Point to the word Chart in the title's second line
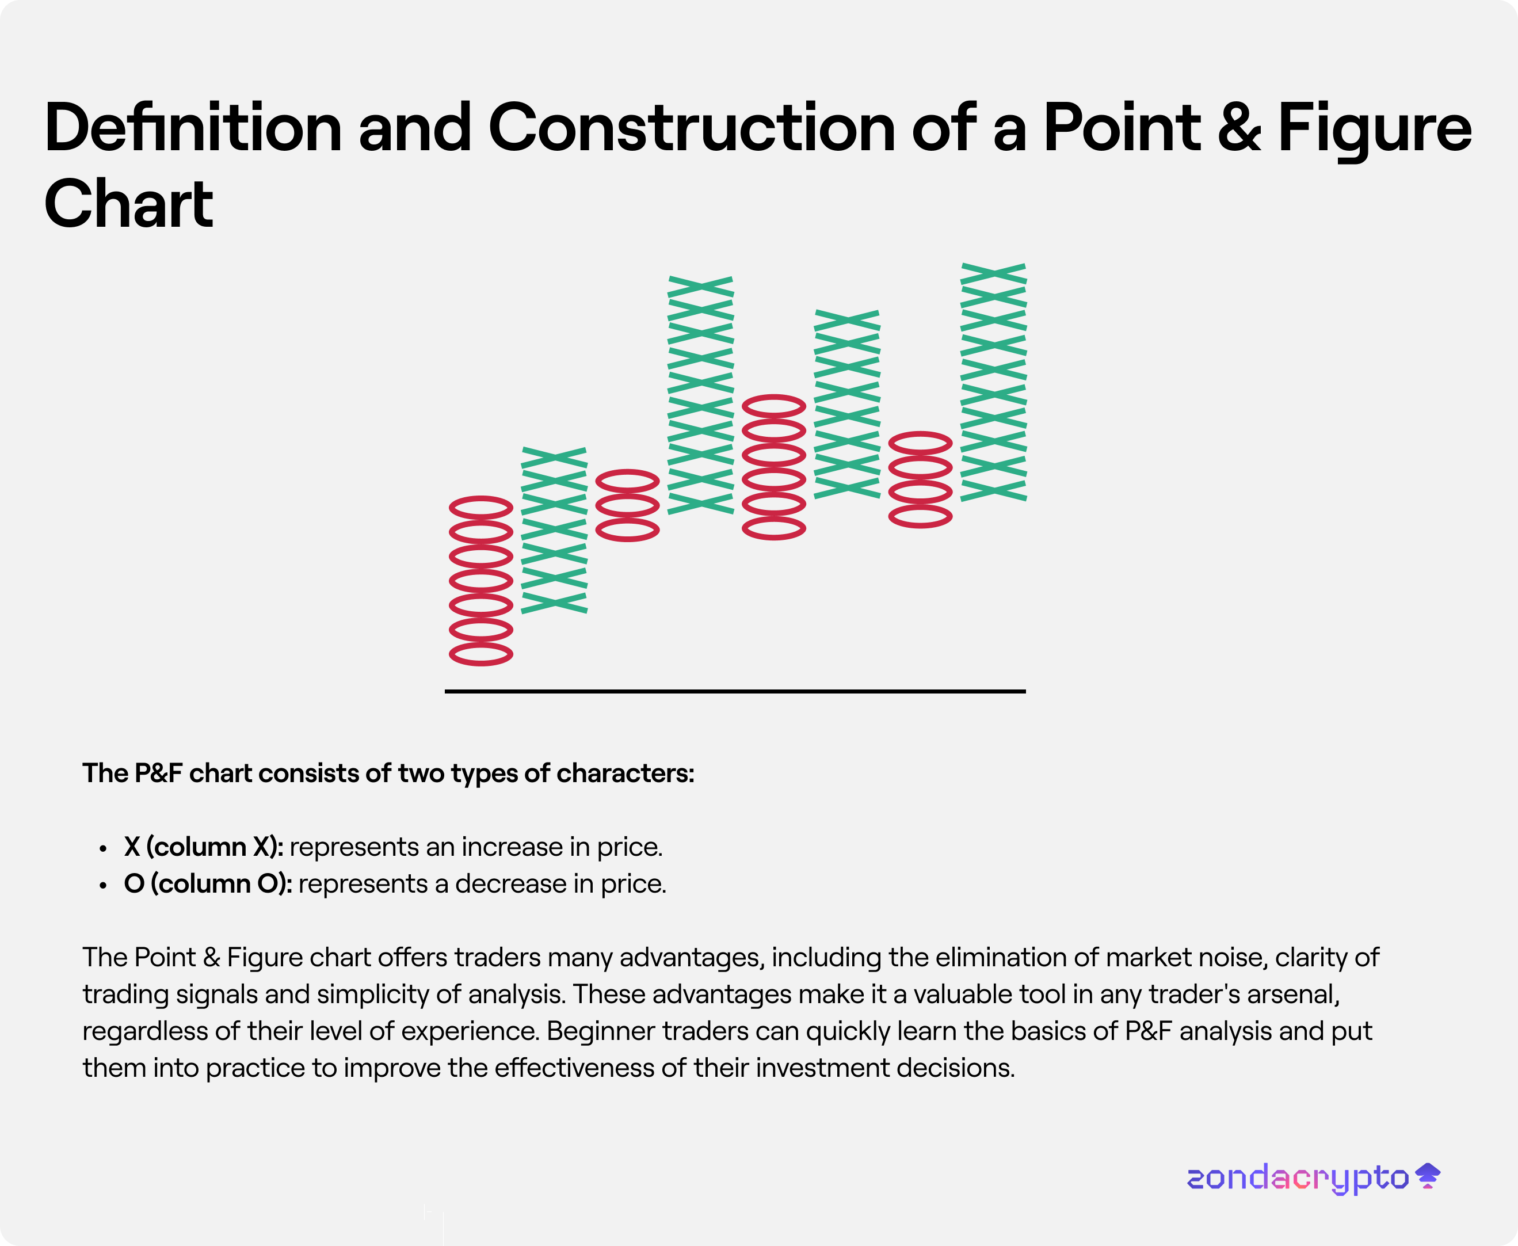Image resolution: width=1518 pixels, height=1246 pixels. [128, 204]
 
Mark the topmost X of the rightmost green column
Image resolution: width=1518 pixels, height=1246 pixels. [993, 274]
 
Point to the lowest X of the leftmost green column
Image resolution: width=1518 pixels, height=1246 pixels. [554, 602]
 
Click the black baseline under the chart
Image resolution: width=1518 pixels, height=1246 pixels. [735, 691]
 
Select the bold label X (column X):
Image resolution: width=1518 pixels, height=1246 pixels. [204, 847]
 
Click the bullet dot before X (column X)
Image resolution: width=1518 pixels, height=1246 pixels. [104, 849]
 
